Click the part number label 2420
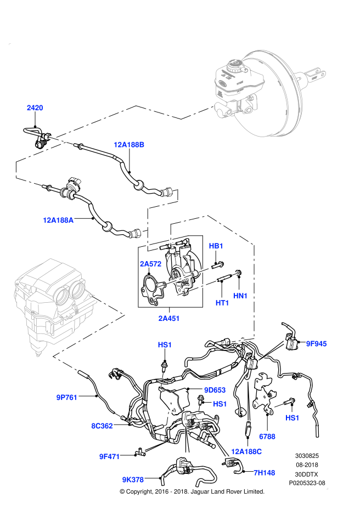35,108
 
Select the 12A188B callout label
129,145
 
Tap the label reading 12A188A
58,220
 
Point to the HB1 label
216,246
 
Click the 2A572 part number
150,264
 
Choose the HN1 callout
240,296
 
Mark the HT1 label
222,303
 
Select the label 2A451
169,319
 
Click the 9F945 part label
316,344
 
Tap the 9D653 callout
215,391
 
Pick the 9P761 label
67,398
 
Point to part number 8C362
102,426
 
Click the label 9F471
110,457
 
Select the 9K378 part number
133,480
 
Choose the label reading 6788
267,437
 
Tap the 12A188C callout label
246,452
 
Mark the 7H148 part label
265,473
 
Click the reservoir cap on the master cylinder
237,66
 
